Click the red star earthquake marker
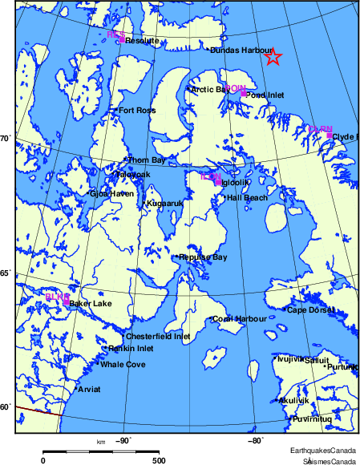273,57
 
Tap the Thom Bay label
147,160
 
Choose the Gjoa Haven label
111,193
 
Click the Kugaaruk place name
165,204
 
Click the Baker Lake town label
91,304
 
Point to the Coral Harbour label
240,318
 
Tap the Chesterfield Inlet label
160,337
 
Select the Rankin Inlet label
131,349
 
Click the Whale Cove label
123,365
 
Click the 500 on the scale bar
159,460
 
